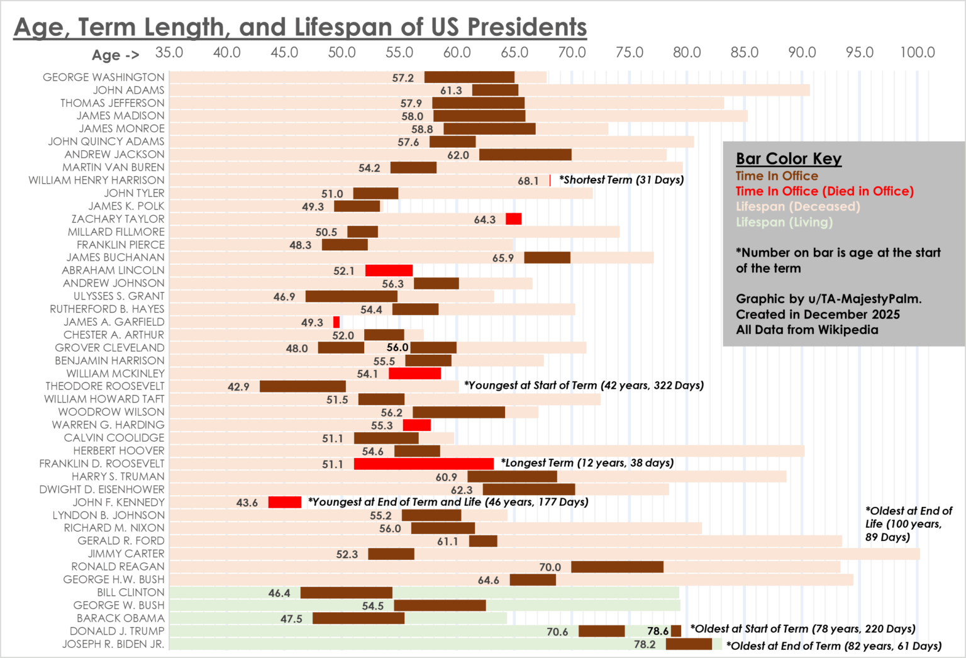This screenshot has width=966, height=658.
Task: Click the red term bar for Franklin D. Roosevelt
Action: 423,464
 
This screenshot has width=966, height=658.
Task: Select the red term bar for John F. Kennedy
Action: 284,502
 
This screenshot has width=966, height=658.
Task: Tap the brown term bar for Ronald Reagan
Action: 617,567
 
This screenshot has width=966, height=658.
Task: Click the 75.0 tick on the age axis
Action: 629,53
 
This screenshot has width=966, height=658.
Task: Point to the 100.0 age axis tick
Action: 917,53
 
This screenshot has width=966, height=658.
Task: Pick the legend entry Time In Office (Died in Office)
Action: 824,191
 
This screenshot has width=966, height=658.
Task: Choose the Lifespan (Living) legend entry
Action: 784,222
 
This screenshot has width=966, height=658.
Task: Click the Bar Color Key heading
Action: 789,159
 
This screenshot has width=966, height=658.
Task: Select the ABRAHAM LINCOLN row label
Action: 113,270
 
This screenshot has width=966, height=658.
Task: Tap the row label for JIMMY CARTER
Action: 126,554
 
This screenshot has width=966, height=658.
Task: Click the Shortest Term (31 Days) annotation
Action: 621,180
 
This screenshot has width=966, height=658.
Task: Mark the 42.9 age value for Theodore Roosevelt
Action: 238,387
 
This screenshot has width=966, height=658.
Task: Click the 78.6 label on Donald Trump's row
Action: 658,631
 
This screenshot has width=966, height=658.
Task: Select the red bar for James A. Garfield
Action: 336,322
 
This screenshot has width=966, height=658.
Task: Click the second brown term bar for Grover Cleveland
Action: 433,348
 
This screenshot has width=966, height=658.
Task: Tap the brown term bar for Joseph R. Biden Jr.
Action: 689,644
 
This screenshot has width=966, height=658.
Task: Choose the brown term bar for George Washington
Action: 469,77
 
